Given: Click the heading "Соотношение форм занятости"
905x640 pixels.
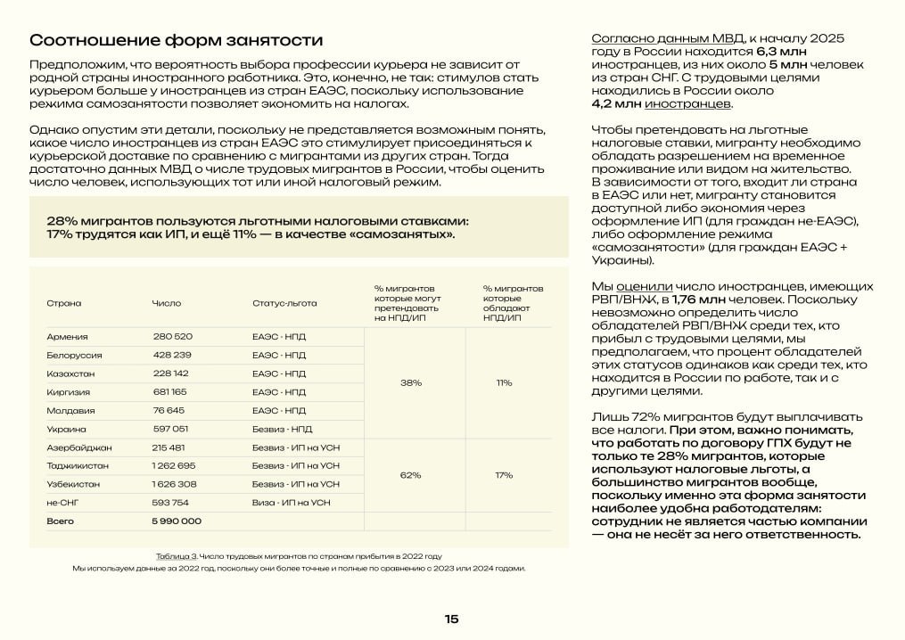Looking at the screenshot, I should [176, 41].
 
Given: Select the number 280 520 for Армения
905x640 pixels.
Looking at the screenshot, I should [172, 336].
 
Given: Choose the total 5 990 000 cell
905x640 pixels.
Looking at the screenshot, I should [177, 521].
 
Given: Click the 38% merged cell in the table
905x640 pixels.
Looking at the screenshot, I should [411, 382].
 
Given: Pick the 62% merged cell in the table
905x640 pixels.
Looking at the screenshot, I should [411, 475].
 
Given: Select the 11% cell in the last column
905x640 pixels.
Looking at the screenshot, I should [505, 382].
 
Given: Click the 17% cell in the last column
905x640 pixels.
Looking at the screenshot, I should [505, 475].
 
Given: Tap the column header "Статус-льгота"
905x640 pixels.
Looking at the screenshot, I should [284, 303].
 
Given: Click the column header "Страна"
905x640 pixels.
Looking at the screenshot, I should [63, 303].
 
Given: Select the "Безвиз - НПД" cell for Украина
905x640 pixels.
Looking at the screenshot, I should [283, 429].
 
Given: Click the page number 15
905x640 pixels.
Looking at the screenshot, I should [451, 619].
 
